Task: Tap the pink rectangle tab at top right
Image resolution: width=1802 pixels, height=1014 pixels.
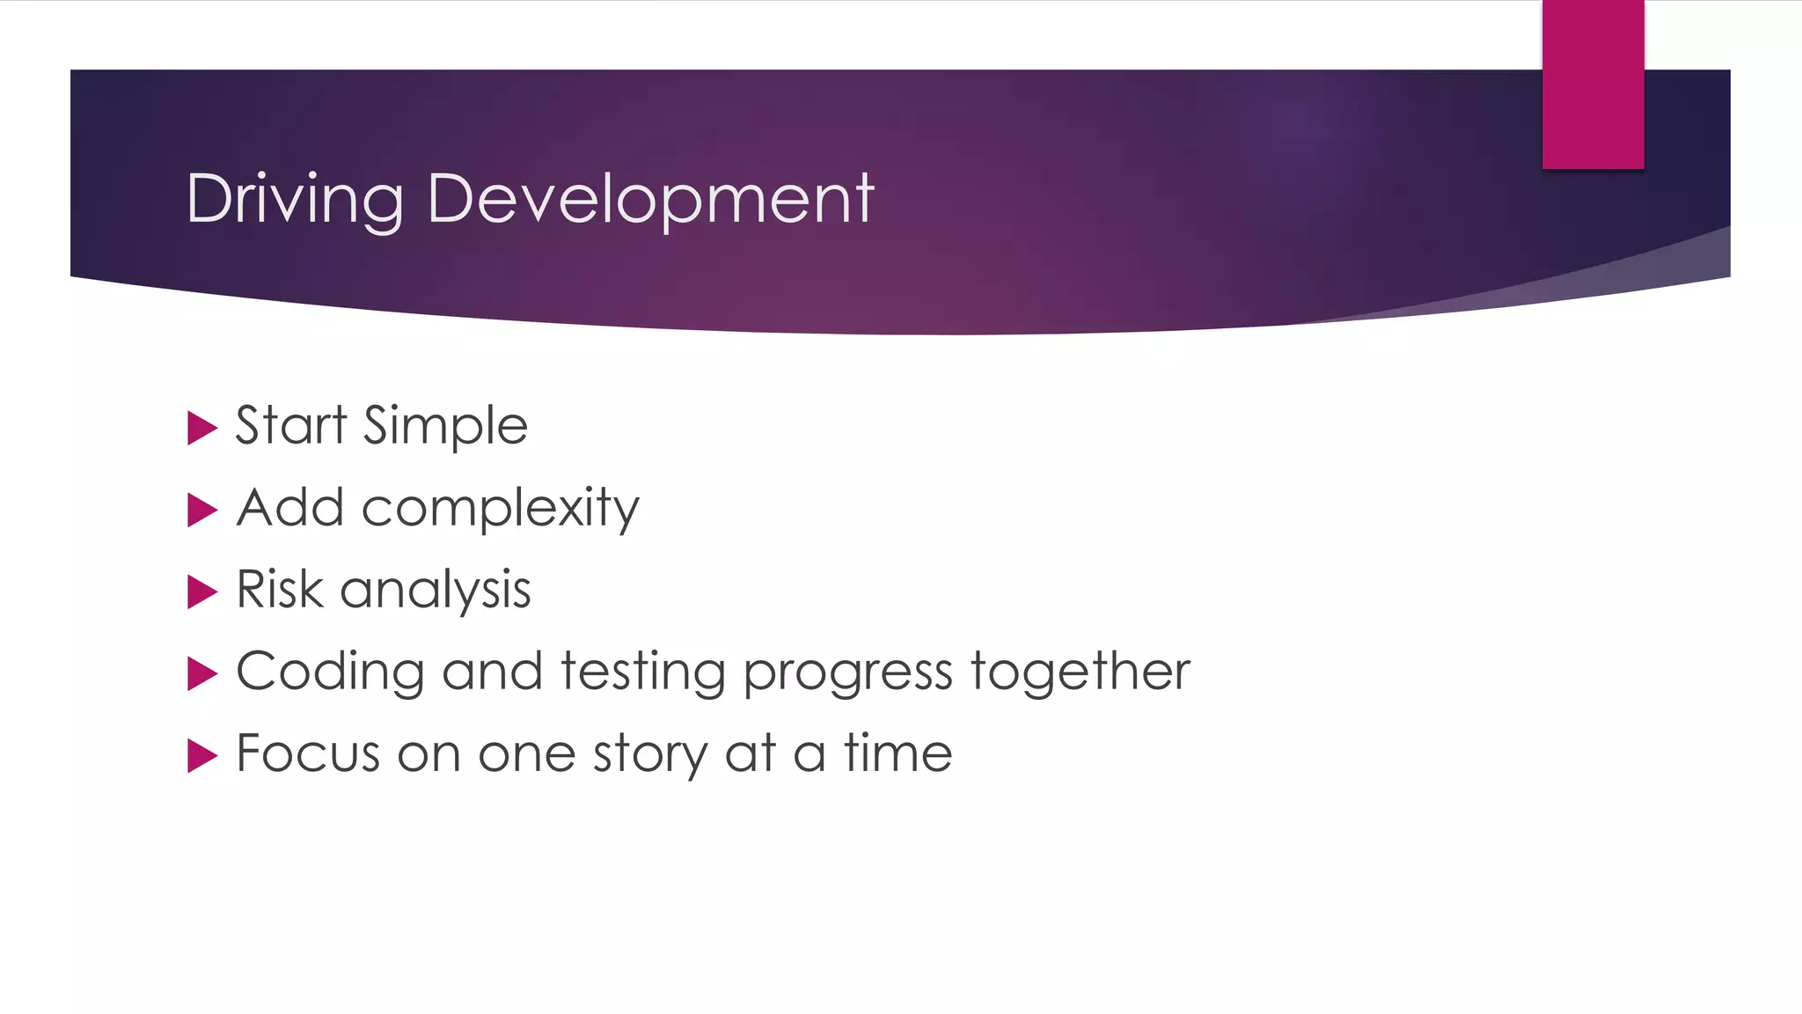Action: [1593, 84]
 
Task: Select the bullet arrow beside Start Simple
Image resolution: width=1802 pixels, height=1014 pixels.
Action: [201, 429]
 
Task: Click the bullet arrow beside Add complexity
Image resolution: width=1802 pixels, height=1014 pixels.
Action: [201, 511]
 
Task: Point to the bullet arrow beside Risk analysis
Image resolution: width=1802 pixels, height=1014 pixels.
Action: [201, 592]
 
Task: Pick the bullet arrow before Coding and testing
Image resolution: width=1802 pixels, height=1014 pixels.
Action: [201, 674]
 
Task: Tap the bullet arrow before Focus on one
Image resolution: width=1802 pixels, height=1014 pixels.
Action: [201, 756]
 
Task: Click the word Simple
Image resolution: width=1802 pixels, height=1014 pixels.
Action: [445, 427]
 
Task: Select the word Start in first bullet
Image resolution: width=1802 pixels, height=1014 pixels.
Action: [291, 425]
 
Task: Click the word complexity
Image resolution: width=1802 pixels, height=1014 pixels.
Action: [500, 509]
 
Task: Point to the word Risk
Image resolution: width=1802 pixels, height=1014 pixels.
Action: [279, 589]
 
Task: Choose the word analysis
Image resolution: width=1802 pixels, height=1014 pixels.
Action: [436, 591]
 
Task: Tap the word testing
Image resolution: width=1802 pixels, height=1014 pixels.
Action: [643, 672]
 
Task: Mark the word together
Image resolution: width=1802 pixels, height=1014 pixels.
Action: [1080, 672]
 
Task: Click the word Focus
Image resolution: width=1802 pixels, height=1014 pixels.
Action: [308, 753]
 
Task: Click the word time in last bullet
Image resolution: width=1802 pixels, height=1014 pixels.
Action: [897, 753]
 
